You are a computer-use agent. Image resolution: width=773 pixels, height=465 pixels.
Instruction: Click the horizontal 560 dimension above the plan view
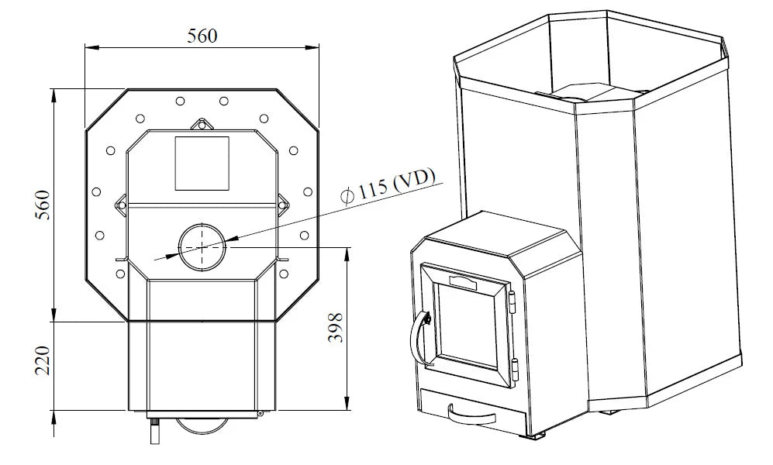pos(202,36)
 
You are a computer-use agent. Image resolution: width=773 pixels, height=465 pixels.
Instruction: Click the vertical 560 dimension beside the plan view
pos(43,205)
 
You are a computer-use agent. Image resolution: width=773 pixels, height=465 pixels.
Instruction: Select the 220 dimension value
pos(43,360)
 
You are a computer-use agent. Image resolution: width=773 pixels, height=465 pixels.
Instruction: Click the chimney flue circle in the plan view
pos(202,247)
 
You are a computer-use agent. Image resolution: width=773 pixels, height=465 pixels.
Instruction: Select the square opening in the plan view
pos(202,164)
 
